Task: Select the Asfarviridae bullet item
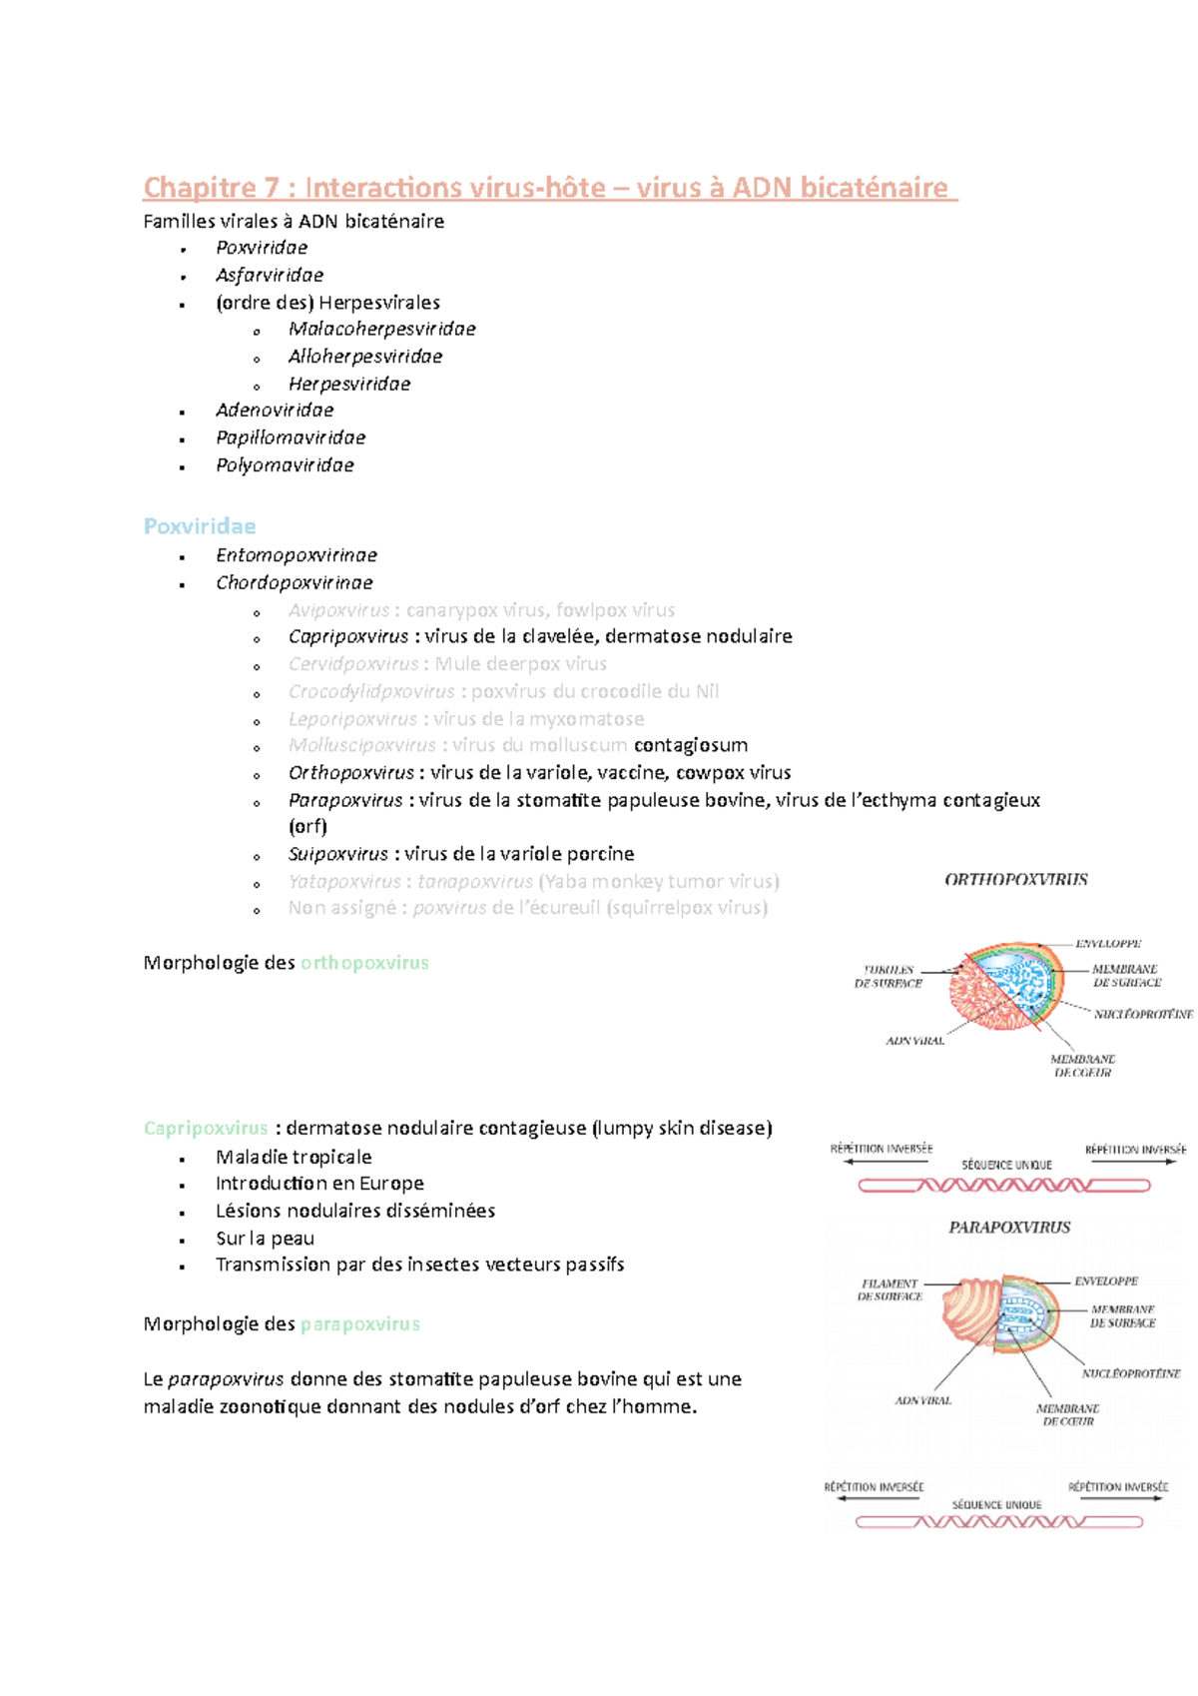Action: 270,275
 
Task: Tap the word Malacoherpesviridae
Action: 381,329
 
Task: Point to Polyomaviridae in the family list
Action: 285,465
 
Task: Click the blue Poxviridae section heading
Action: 200,526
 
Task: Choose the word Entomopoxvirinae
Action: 297,555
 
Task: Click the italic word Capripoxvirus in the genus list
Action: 347,636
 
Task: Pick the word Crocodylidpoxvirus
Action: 371,691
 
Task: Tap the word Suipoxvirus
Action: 337,854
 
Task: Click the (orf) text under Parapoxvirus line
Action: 307,826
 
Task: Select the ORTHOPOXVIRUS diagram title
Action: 1015,880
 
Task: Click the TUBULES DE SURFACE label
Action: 888,976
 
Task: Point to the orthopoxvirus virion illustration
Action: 1003,986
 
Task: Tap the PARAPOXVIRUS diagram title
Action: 1009,1228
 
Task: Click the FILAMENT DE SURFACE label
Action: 890,1289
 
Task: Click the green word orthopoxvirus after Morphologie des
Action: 364,963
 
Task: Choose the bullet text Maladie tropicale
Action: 294,1157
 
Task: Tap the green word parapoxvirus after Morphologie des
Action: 359,1324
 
